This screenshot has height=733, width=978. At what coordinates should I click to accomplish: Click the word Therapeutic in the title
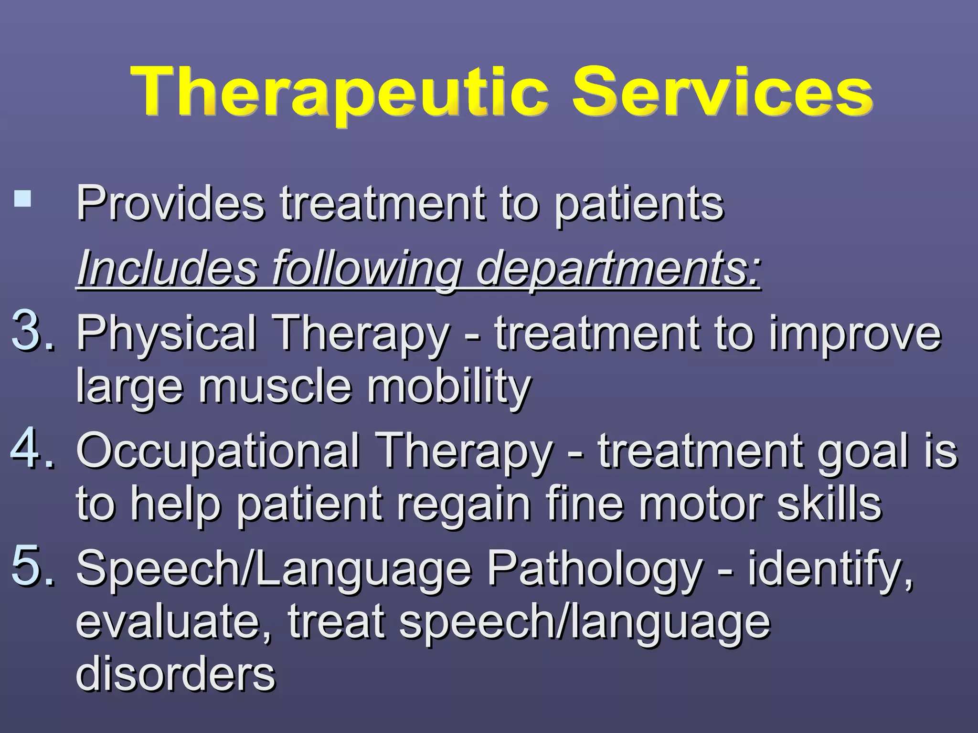(340, 92)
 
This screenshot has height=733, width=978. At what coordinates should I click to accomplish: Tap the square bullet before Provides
(22, 198)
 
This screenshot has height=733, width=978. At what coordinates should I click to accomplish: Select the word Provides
(170, 204)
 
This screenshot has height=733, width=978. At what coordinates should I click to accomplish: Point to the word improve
(855, 333)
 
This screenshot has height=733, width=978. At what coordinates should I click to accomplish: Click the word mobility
(449, 387)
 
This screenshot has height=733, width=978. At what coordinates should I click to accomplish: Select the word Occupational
(218, 451)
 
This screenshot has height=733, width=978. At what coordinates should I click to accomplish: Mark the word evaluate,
(174, 621)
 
